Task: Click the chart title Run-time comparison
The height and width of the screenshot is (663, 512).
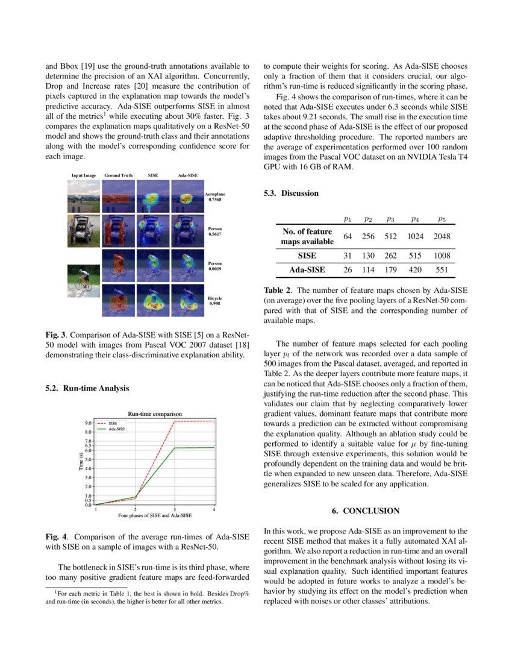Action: click(x=155, y=413)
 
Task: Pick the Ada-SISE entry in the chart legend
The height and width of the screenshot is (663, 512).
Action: click(x=117, y=429)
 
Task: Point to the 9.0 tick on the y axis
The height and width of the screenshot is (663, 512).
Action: click(x=88, y=423)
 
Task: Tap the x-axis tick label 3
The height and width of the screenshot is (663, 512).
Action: click(x=175, y=510)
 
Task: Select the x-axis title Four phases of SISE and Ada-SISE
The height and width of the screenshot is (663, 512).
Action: click(x=155, y=516)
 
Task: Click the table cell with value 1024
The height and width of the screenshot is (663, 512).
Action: click(x=415, y=236)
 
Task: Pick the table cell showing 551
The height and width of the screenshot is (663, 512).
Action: click(x=442, y=270)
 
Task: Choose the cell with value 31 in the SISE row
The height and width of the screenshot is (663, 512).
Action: click(x=348, y=256)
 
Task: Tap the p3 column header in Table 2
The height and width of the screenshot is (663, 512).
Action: click(x=390, y=219)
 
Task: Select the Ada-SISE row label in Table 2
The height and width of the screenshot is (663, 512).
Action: click(x=307, y=270)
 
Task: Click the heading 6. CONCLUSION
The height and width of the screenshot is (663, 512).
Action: click(x=366, y=511)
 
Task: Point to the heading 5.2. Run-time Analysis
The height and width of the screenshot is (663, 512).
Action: click(x=87, y=388)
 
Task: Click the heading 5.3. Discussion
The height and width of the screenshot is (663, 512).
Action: click(x=292, y=193)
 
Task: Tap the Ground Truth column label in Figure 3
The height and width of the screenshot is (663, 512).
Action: click(x=119, y=175)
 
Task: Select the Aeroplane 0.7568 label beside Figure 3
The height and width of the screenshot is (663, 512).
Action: click(x=215, y=198)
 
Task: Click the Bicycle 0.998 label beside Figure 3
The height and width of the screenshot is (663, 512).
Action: click(x=215, y=301)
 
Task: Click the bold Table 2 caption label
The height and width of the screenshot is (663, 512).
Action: click(x=277, y=290)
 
